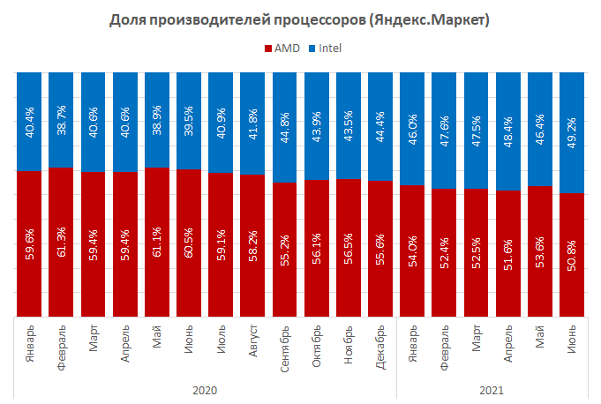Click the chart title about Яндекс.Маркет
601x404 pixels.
pos(301,19)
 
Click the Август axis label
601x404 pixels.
pos(252,341)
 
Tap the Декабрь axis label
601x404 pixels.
pos(380,346)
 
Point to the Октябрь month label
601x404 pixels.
pos(316,345)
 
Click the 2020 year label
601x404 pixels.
pos(204,389)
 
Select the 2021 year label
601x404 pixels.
pos(492,389)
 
